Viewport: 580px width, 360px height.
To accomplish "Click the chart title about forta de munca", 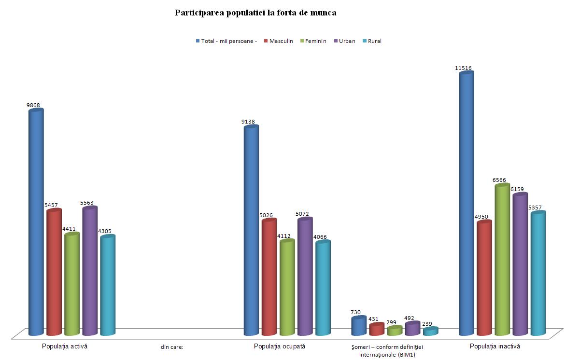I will coord(255,13).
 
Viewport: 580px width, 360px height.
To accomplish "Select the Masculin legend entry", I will coord(281,41).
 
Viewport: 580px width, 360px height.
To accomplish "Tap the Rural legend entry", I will coord(374,41).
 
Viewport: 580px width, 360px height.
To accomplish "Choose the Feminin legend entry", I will coord(315,41).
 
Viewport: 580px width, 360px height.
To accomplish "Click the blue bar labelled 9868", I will coord(36,222).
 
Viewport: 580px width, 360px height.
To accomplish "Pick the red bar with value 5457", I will coord(54,273).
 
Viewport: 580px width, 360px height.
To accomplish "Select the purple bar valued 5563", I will coord(90,271).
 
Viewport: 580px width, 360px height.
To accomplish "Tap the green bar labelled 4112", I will coord(287,288).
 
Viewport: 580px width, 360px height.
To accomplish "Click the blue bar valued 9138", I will coord(251,231).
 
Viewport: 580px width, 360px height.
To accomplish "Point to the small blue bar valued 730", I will coord(358,326).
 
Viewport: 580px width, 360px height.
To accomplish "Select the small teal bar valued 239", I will coord(430,332).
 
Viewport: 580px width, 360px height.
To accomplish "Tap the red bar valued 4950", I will coord(484,278).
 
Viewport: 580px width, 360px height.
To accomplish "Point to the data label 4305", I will coord(105,231).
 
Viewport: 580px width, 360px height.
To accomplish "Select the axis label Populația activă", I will coord(65,346).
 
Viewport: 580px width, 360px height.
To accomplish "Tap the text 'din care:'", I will coord(172,346).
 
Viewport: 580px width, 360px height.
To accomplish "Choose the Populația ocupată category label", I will coord(280,346).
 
